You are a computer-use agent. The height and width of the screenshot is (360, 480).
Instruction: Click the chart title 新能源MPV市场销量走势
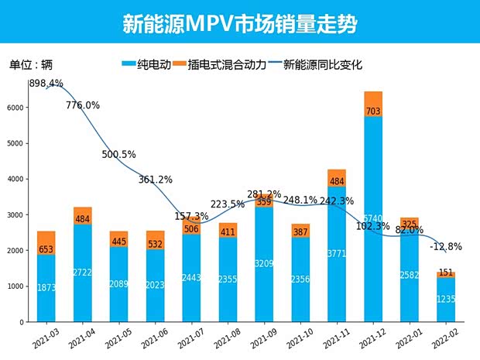pyautogui.click(x=239, y=23)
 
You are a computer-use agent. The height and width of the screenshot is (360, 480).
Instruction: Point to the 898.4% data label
pyautogui.click(x=46, y=84)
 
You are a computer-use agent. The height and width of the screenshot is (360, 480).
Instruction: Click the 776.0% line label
pyautogui.click(x=83, y=105)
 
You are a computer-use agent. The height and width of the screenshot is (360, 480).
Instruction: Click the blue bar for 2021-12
pyautogui.click(x=373, y=232)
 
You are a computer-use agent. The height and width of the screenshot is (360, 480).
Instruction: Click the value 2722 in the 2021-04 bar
pyautogui.click(x=82, y=273)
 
